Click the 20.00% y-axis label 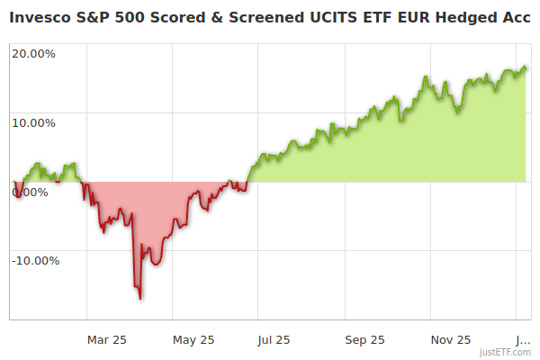(x=33, y=53)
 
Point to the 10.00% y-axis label (x=33, y=122)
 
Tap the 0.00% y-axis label (x=31, y=192)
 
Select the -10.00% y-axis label (x=35, y=261)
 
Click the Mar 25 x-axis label (x=106, y=339)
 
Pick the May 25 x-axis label (x=193, y=339)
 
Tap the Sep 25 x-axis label (x=364, y=339)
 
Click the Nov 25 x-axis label (x=451, y=339)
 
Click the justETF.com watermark (x=505, y=353)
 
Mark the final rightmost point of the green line (x=526, y=68)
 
